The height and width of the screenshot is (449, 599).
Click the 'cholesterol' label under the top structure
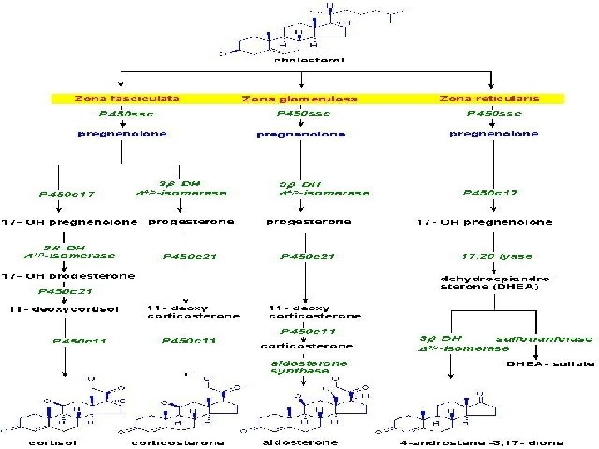click(x=309, y=59)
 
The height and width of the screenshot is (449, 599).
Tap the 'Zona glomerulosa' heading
click(x=300, y=98)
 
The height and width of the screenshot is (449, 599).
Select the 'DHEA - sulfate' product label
click(x=551, y=363)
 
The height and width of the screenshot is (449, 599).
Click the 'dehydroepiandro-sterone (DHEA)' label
click(x=496, y=282)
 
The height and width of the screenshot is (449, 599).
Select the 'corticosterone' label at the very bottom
click(x=176, y=442)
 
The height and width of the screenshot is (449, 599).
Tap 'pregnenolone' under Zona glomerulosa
click(x=300, y=133)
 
